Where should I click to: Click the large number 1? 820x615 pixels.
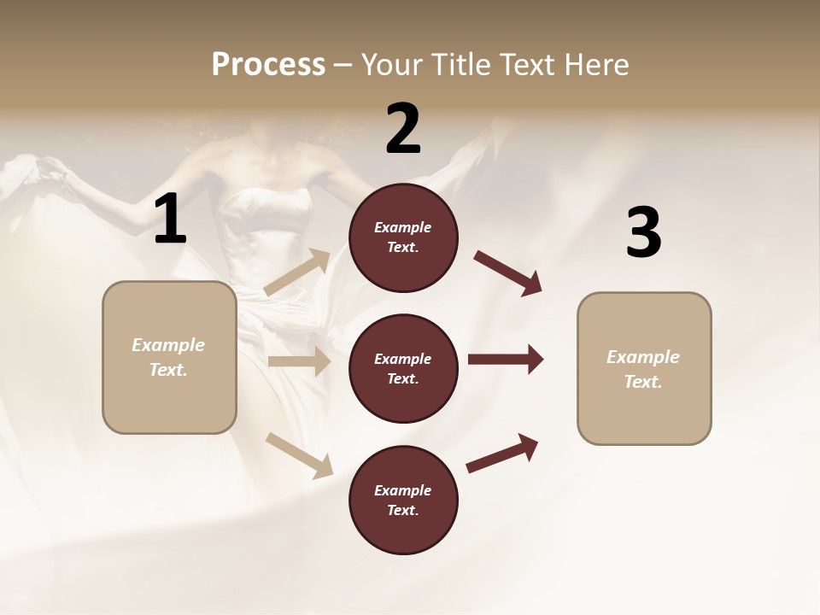(170, 220)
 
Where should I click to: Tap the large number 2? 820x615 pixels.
(403, 129)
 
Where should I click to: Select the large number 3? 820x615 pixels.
(643, 233)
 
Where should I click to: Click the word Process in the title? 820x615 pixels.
(268, 64)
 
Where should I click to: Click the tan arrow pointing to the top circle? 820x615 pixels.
(297, 272)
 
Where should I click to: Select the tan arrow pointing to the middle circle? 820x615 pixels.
(299, 361)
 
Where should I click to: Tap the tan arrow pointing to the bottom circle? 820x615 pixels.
(299, 454)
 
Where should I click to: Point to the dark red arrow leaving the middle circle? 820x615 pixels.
(505, 360)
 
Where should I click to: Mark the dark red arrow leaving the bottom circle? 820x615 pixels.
(502, 453)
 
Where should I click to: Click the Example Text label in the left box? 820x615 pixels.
(168, 357)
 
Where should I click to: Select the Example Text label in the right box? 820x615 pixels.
(643, 369)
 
